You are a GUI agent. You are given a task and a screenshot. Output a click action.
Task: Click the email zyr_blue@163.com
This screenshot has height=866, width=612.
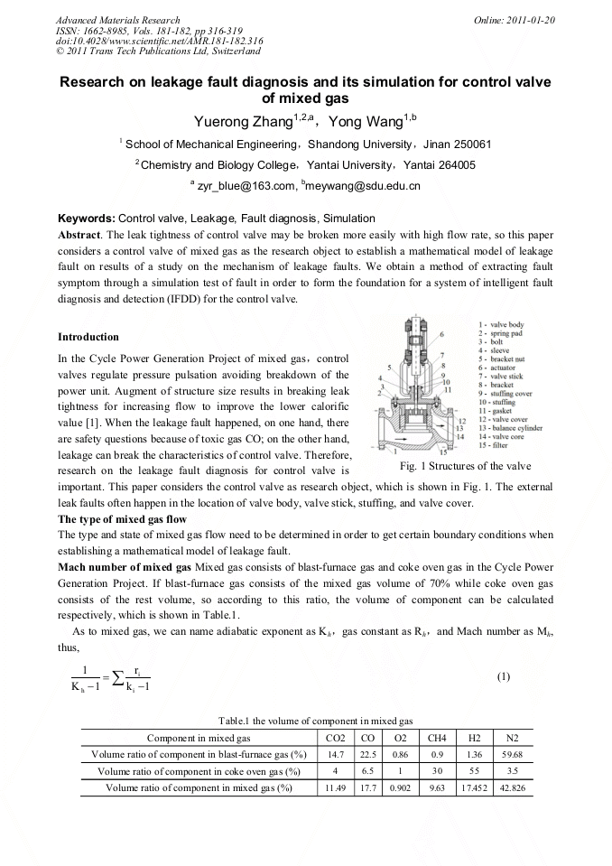(x=246, y=186)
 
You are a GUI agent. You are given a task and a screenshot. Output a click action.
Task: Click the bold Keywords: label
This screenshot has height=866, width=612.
(x=87, y=219)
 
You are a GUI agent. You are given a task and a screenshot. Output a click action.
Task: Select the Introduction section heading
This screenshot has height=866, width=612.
(x=88, y=337)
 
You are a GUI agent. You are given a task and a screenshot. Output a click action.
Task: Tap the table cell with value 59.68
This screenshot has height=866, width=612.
(x=512, y=754)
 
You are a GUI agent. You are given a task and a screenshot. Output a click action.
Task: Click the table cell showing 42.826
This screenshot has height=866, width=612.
(x=512, y=787)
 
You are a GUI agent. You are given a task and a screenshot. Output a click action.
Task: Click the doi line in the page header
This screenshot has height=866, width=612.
(x=159, y=41)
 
